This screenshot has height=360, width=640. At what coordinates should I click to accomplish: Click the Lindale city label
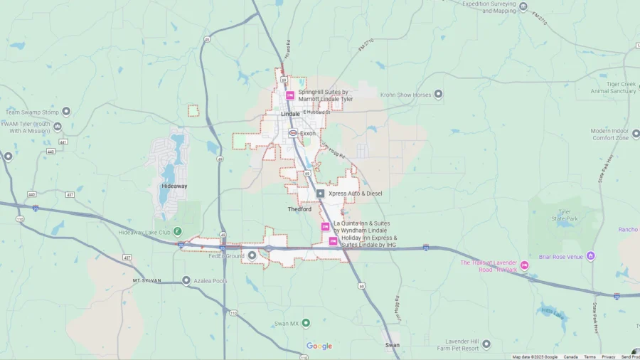pyautogui.click(x=290, y=114)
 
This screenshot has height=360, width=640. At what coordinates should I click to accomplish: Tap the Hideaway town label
pyautogui.click(x=174, y=186)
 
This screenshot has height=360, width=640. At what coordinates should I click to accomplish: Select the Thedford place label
pyautogui.click(x=299, y=209)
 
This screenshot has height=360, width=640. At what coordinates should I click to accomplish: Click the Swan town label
pyautogui.click(x=392, y=345)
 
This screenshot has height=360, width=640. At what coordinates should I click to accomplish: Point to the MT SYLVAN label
pyautogui.click(x=148, y=281)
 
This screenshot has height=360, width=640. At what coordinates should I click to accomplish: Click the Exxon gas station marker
pyautogui.click(x=292, y=133)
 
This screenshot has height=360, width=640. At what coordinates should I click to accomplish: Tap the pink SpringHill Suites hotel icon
pyautogui.click(x=290, y=95)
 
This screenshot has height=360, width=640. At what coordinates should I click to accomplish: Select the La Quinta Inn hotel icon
pyautogui.click(x=325, y=227)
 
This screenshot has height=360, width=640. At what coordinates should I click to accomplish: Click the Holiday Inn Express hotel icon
pyautogui.click(x=333, y=241)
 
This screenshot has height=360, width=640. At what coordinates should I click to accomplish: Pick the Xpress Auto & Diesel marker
pyautogui.click(x=320, y=193)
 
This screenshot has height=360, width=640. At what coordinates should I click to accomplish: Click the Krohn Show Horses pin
pyautogui.click(x=438, y=94)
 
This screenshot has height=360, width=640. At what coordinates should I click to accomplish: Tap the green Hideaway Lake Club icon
pyautogui.click(x=178, y=232)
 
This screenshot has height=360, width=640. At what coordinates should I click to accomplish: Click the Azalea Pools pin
pyautogui.click(x=186, y=281)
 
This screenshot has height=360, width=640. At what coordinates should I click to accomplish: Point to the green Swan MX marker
pyautogui.click(x=306, y=323)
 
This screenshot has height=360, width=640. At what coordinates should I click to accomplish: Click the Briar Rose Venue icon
pyautogui.click(x=590, y=256)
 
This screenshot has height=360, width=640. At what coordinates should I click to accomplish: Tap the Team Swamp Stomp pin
pyautogui.click(x=66, y=112)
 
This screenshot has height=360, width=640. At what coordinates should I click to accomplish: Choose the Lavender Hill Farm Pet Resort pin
pyautogui.click(x=486, y=344)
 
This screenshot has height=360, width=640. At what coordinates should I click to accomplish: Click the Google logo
pyautogui.click(x=319, y=346)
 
